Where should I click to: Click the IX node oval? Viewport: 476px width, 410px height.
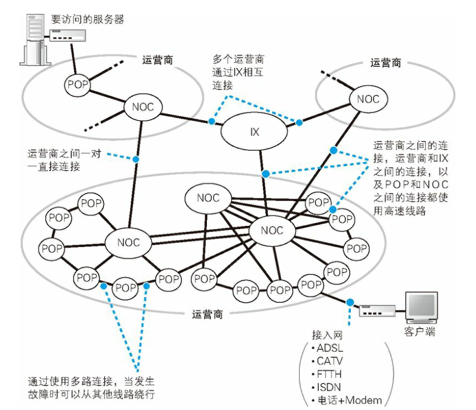click(x=255, y=132)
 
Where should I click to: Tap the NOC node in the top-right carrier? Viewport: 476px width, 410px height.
click(x=368, y=99)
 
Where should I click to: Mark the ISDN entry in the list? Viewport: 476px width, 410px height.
click(x=332, y=387)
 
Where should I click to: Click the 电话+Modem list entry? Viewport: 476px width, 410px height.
click(x=350, y=400)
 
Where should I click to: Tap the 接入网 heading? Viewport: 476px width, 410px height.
click(x=328, y=335)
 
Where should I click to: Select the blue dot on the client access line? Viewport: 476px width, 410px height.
click(x=350, y=302)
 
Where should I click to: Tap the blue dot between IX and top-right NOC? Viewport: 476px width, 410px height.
click(x=299, y=122)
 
